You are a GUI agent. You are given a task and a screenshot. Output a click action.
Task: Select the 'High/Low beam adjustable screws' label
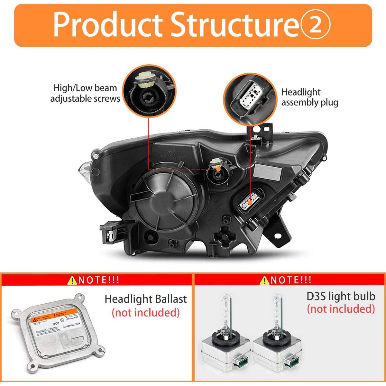(x=85, y=93)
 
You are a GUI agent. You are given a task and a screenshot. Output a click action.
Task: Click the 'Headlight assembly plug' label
(x=309, y=97)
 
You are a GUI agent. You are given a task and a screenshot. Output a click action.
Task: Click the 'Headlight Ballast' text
(x=145, y=299)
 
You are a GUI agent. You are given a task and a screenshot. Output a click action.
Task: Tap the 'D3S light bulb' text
(x=341, y=296)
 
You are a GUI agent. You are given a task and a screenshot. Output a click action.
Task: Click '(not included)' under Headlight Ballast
(x=145, y=312)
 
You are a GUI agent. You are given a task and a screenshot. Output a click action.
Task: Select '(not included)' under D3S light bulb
(x=341, y=309)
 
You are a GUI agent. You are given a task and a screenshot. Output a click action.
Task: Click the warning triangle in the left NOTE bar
(x=72, y=280)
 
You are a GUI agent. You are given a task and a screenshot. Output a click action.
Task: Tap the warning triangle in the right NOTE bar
(x=265, y=280)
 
